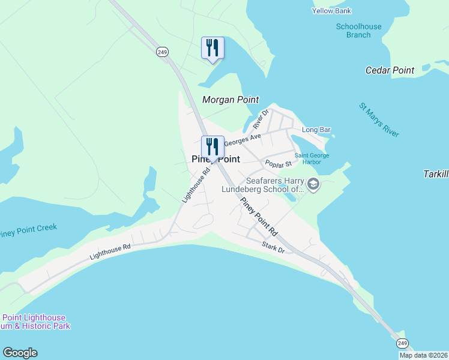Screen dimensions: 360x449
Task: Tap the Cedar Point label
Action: point(390,70)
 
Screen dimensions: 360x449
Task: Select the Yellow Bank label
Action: point(331,11)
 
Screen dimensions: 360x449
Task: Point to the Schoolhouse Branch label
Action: point(358,31)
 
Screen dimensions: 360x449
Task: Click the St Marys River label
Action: point(379,119)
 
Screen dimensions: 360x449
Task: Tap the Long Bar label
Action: point(316,130)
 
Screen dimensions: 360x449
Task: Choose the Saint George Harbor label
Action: point(312,159)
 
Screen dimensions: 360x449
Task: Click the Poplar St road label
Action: point(278,164)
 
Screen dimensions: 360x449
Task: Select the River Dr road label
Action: point(262,119)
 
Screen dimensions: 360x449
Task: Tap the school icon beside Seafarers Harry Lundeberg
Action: point(313,185)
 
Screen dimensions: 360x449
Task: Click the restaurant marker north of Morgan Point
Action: point(212,47)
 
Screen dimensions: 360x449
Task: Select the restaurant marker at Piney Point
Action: point(212,146)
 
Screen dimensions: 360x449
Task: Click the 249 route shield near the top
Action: point(162,52)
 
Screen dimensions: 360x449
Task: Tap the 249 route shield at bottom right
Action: point(402,343)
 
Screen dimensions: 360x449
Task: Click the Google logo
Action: point(20,353)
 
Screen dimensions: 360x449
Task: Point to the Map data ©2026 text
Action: point(423,355)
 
